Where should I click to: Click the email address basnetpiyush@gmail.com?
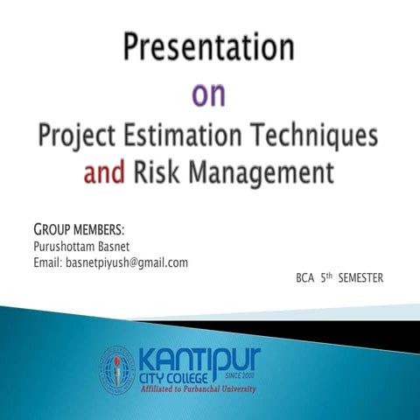click(x=127, y=262)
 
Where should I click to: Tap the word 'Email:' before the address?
click(x=46, y=262)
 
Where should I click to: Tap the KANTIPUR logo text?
click(x=198, y=358)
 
